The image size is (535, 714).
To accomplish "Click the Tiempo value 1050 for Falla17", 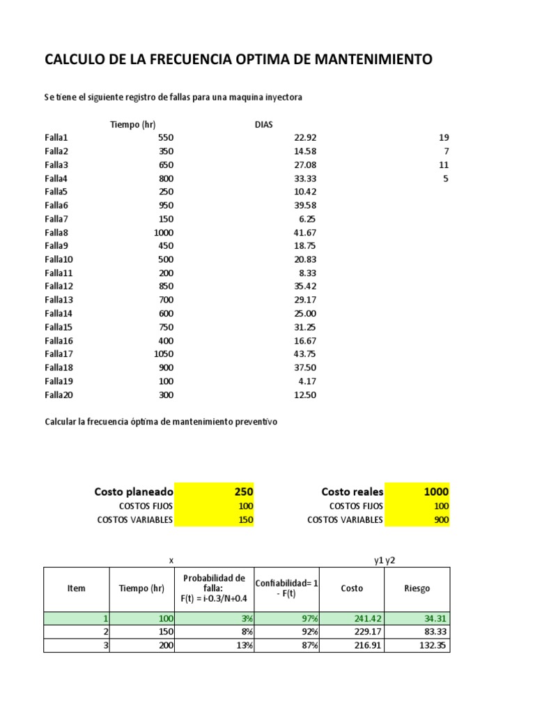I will click(x=164, y=354).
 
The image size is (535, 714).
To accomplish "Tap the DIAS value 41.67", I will click(x=306, y=232).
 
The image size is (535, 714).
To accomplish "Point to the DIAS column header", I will click(x=264, y=125).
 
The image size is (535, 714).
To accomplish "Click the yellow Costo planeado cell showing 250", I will click(x=214, y=492).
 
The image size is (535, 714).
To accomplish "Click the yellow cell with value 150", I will click(x=214, y=519).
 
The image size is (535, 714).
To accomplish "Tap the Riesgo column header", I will click(x=417, y=588).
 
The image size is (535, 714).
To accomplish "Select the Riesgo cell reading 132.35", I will click(x=417, y=646).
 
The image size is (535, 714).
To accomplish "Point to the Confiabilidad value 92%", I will click(x=287, y=632).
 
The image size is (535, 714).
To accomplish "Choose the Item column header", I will click(x=77, y=588).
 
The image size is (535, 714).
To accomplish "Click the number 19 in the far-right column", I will click(x=444, y=137).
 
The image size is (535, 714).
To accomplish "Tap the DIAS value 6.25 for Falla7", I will click(x=308, y=219).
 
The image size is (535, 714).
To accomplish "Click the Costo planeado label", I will click(x=133, y=492).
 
